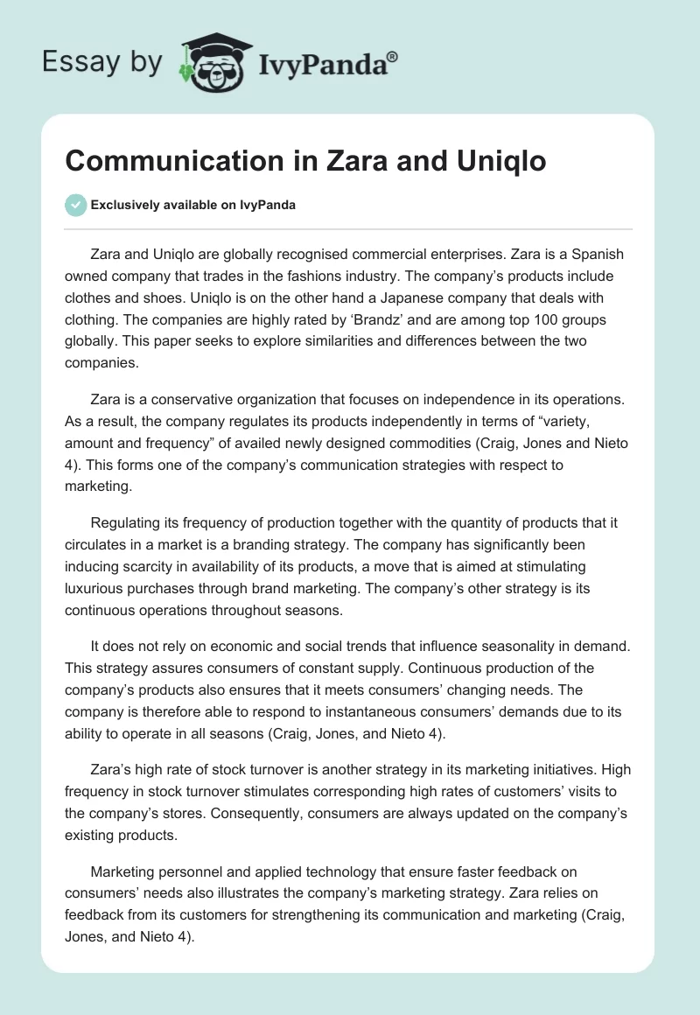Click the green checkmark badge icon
75,205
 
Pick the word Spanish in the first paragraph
594,255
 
